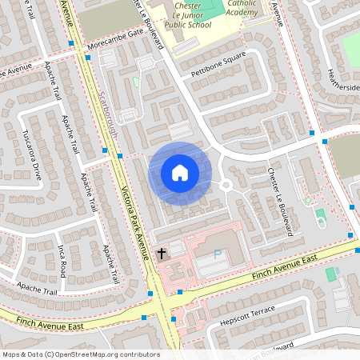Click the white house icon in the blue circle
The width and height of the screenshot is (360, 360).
pyautogui.click(x=180, y=172)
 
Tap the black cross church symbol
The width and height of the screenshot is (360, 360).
pyautogui.click(x=161, y=254)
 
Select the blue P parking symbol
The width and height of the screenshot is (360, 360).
pyautogui.click(x=218, y=254)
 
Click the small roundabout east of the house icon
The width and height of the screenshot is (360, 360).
pyautogui.click(x=226, y=185)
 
